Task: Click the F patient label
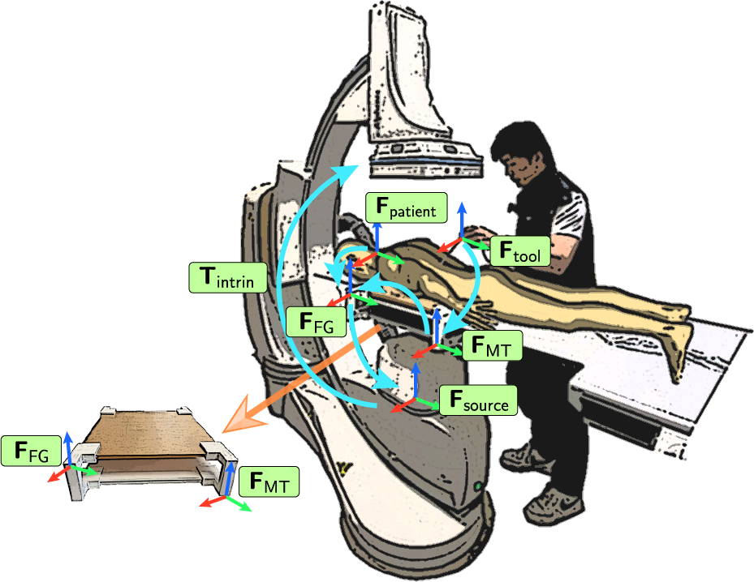coord(407,208)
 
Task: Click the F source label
coord(478,400)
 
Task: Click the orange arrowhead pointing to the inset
coord(244,416)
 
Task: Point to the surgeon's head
coord(520,151)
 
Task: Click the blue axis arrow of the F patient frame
coord(377,229)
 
